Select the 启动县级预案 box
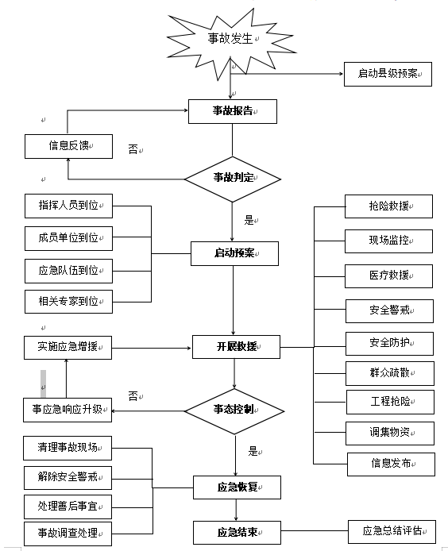point(388,74)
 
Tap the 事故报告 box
point(233,111)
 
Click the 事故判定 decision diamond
point(233,179)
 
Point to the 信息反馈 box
point(68,146)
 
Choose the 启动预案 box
point(234,253)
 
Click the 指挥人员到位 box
point(68,206)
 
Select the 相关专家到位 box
point(68,302)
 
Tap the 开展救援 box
point(236,347)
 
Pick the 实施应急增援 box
point(68,348)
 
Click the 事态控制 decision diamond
point(234,411)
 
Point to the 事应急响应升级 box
point(68,410)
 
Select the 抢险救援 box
point(388,206)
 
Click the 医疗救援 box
point(388,275)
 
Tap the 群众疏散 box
point(390,373)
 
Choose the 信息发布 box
point(391,464)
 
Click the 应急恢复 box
point(237,487)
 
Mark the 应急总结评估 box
point(392,532)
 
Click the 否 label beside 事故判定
point(133,149)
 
